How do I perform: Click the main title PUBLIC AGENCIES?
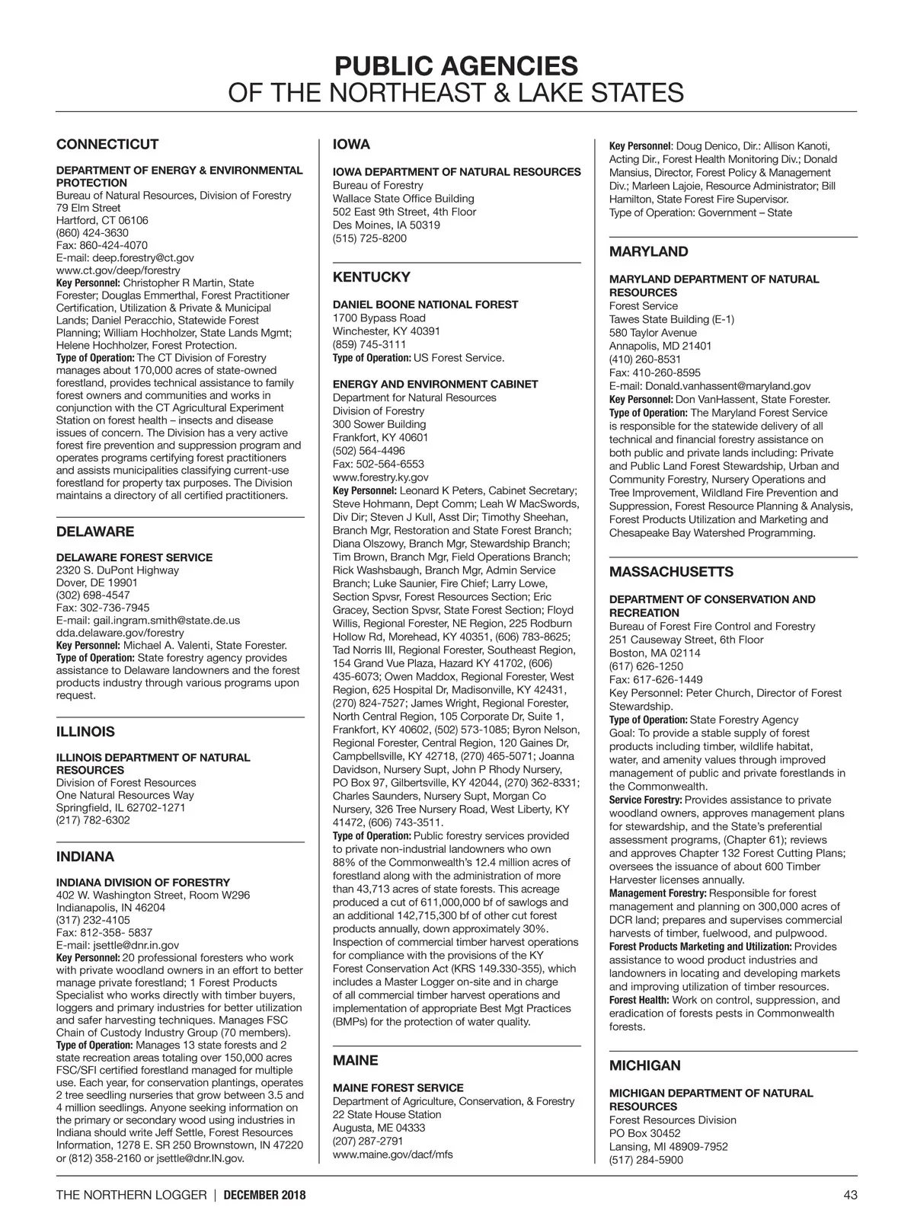pyautogui.click(x=455, y=65)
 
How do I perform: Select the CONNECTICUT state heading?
pyautogui.click(x=107, y=145)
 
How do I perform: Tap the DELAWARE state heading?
pyautogui.click(x=95, y=532)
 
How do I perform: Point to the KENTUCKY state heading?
pyautogui.click(x=371, y=277)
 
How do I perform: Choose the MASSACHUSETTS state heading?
pyautogui.click(x=671, y=572)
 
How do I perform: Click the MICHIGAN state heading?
pyautogui.click(x=644, y=1065)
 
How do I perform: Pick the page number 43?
pyautogui.click(x=850, y=1195)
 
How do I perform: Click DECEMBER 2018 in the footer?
pyautogui.click(x=264, y=1196)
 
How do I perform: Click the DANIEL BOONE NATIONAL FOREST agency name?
pyautogui.click(x=425, y=305)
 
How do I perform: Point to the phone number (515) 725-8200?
pyautogui.click(x=369, y=238)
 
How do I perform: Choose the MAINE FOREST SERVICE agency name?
pyautogui.click(x=398, y=1088)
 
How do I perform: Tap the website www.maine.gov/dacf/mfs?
pyautogui.click(x=392, y=1154)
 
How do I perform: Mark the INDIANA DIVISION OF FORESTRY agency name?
pyautogui.click(x=143, y=883)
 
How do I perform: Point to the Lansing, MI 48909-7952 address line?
pyautogui.click(x=668, y=1147)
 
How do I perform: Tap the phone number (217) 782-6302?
pyautogui.click(x=93, y=820)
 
